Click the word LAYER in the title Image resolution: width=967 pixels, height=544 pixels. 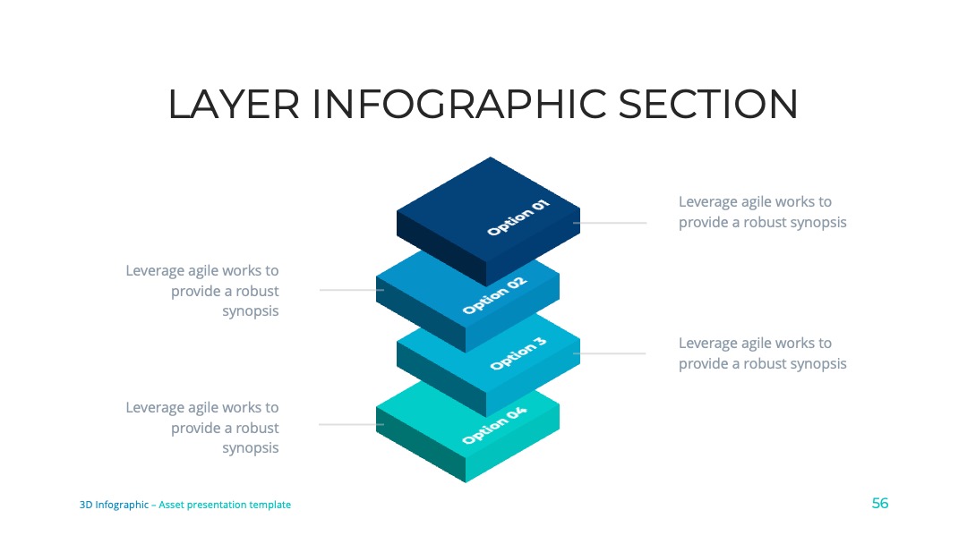(234, 104)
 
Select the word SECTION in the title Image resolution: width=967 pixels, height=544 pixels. (708, 104)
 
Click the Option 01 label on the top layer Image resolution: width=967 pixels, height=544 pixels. (518, 217)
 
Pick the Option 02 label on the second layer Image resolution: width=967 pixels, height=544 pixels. (494, 295)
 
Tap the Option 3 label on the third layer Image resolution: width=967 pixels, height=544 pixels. (518, 353)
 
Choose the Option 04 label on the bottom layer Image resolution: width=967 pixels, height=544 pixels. (494, 425)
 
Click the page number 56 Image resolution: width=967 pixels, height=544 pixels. (880, 504)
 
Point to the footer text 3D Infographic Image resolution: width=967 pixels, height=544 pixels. (114, 505)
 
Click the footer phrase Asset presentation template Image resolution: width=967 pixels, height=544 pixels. (225, 505)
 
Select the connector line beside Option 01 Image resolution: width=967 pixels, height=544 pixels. (610, 223)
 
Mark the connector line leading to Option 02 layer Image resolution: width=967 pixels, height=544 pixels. (352, 290)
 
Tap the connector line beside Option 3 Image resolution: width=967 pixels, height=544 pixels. (610, 353)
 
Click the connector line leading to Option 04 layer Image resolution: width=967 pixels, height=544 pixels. (351, 424)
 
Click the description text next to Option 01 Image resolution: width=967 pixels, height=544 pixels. (763, 212)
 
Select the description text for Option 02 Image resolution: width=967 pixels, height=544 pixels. (202, 291)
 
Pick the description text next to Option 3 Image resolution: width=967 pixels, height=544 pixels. (763, 353)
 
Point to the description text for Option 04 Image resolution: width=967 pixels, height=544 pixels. (202, 428)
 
